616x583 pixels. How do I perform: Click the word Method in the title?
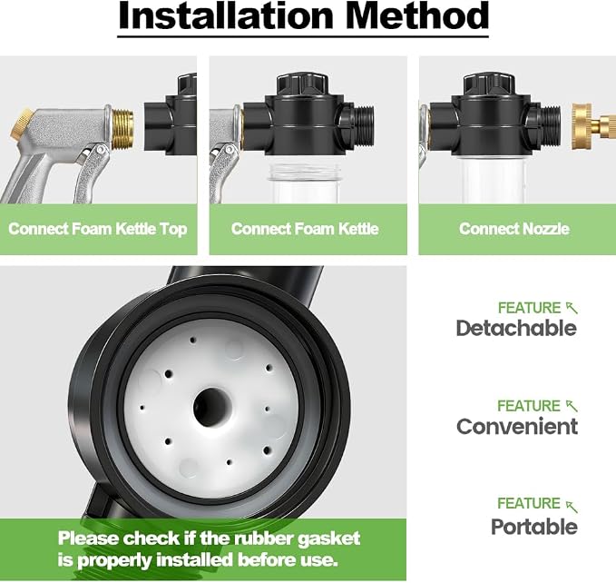tap(417, 15)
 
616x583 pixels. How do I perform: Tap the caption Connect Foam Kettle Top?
tap(97, 229)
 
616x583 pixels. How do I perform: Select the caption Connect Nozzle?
tap(513, 229)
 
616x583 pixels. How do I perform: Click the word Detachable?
tap(516, 328)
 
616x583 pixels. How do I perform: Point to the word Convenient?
tap(517, 426)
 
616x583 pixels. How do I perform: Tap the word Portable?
tap(533, 527)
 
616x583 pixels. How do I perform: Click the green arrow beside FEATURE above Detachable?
tap(572, 308)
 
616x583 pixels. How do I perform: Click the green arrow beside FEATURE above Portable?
tap(572, 507)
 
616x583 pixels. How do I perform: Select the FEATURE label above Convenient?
tap(529, 406)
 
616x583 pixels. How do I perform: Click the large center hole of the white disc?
tap(212, 407)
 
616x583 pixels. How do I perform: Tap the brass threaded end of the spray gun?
tap(122, 129)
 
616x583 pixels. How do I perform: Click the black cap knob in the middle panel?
tap(302, 84)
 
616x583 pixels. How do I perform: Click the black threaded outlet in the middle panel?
tap(362, 127)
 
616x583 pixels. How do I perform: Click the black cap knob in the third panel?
tap(489, 84)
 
